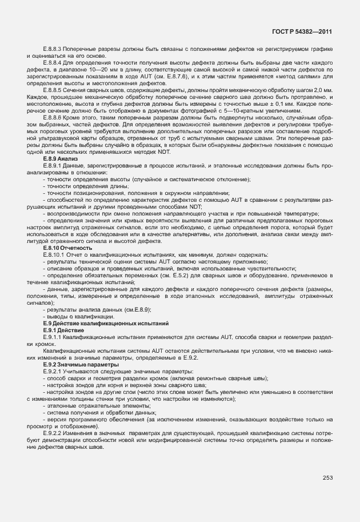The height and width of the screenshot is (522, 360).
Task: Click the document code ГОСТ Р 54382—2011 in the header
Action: [x=302, y=33]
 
